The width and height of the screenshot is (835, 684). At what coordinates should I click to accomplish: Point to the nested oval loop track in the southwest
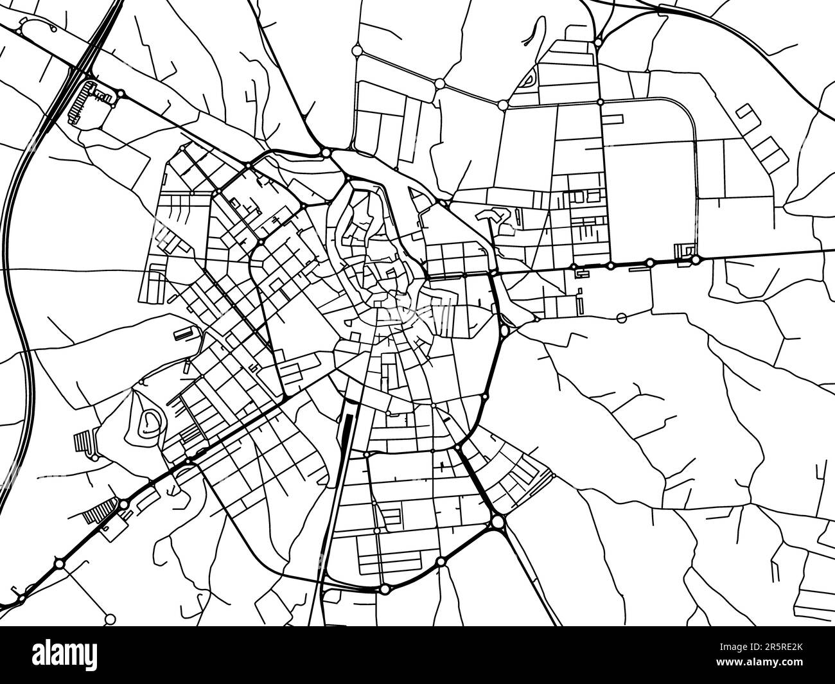(150, 421)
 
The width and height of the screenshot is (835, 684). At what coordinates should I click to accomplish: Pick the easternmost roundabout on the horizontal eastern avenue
(696, 260)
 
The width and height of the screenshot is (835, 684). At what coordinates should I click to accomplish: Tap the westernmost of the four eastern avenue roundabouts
(572, 267)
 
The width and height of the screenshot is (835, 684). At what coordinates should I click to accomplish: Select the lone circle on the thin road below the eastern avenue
(620, 317)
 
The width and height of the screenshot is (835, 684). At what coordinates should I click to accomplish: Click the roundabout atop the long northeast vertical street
(598, 43)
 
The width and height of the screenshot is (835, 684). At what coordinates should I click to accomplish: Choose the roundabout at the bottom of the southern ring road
(384, 589)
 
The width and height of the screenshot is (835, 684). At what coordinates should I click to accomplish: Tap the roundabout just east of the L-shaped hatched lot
(122, 94)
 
